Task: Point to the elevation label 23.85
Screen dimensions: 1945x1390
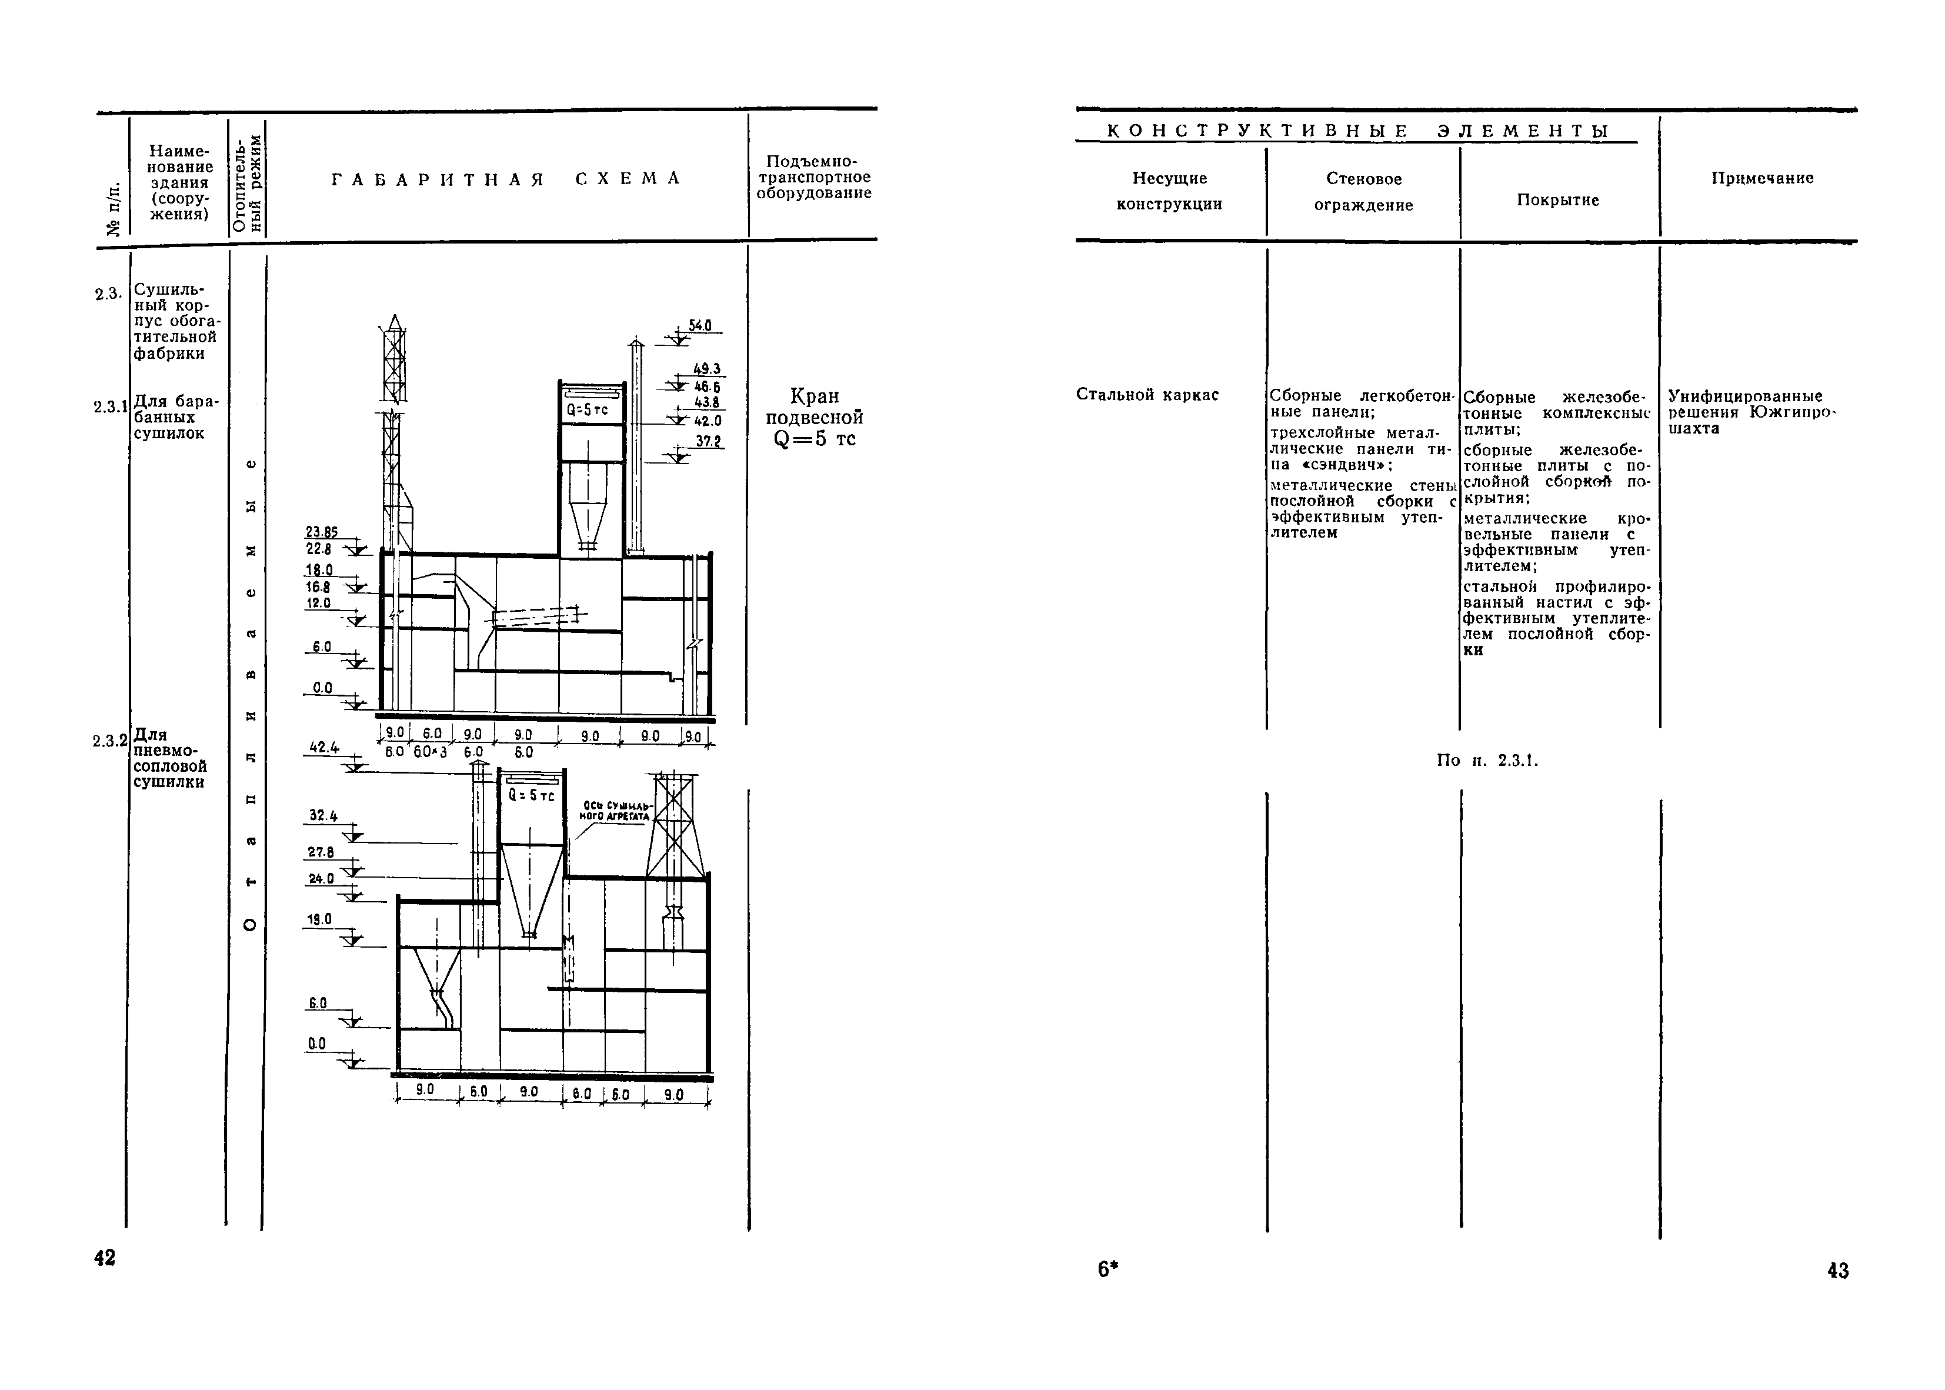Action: (x=322, y=532)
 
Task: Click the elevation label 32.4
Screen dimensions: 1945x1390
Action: (x=322, y=816)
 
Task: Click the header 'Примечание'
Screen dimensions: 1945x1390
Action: (x=1762, y=178)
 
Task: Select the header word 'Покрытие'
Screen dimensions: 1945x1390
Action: (x=1557, y=200)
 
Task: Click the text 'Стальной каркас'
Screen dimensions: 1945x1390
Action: (x=1147, y=395)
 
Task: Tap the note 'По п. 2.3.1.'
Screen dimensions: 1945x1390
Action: (x=1487, y=760)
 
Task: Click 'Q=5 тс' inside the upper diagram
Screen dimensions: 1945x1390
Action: (x=587, y=410)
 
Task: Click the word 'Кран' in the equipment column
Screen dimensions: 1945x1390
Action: (x=814, y=396)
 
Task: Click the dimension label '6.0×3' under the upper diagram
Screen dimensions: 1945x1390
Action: (x=431, y=752)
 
